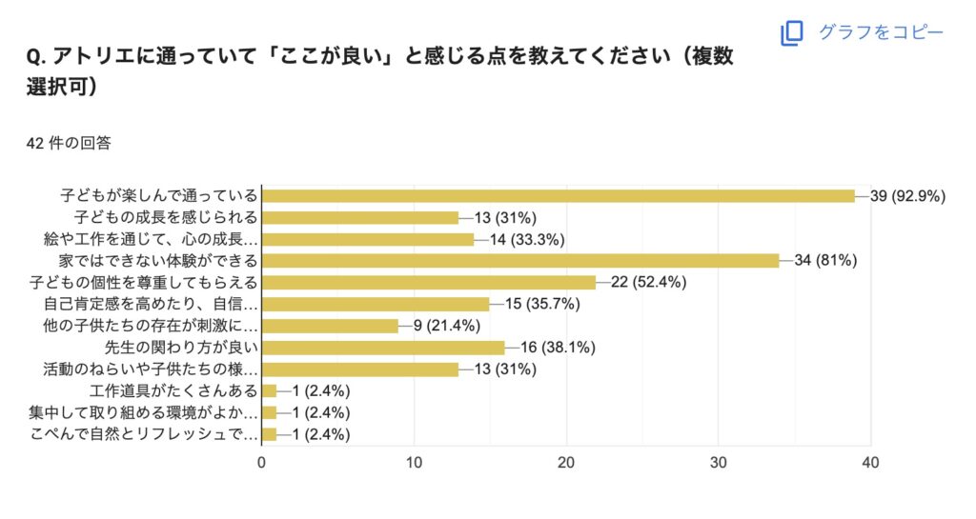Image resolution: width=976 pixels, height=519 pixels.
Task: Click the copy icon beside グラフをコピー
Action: pos(792,33)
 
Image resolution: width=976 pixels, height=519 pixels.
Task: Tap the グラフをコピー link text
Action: pos(881,32)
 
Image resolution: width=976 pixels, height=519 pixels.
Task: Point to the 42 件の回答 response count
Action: pos(70,144)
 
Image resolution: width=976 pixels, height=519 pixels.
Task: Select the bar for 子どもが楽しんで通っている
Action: pos(559,195)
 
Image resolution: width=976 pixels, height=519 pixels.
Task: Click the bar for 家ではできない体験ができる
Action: pos(520,260)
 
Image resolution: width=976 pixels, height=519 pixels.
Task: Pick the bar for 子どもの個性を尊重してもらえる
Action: pos(429,282)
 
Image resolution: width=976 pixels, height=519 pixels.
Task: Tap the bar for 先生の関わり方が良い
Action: pos(383,348)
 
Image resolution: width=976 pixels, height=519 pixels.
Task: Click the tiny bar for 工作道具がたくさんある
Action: pos(269,390)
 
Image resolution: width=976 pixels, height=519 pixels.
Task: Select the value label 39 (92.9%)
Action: pos(906,196)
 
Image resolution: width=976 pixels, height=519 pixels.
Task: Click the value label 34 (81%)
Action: pos(826,260)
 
